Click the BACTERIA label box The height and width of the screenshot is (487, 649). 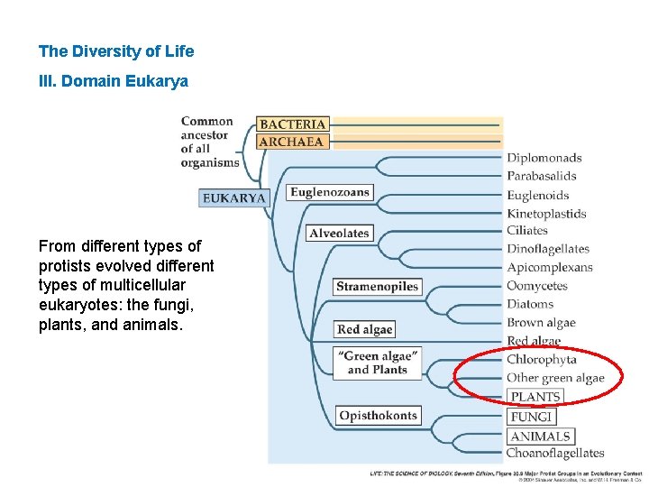click(x=293, y=124)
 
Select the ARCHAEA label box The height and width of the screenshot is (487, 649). click(x=291, y=142)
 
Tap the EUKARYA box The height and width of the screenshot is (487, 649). click(x=234, y=198)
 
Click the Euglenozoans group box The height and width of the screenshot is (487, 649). click(x=330, y=192)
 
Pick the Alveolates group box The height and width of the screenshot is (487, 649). click(x=339, y=233)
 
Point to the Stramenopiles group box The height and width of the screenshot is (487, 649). click(x=378, y=287)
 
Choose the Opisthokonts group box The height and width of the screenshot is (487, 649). click(x=379, y=416)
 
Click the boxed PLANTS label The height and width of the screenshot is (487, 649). click(x=535, y=397)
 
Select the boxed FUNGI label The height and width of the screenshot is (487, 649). click(x=531, y=417)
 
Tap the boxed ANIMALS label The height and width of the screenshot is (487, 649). click(x=540, y=436)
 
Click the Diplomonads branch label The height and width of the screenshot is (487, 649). click(x=544, y=158)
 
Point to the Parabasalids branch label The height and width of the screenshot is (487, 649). click(x=541, y=176)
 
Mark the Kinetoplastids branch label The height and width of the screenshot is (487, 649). click(x=546, y=214)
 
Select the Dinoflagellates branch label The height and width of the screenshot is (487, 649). click(x=547, y=249)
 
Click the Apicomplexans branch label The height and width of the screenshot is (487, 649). click(x=549, y=267)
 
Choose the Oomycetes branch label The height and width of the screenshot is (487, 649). click(x=536, y=286)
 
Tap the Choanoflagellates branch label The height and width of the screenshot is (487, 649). click(x=554, y=453)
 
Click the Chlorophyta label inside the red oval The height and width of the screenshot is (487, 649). click(x=541, y=360)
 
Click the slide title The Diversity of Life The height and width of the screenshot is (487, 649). click(x=116, y=51)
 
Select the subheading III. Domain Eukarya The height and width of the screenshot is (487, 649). click(x=114, y=81)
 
